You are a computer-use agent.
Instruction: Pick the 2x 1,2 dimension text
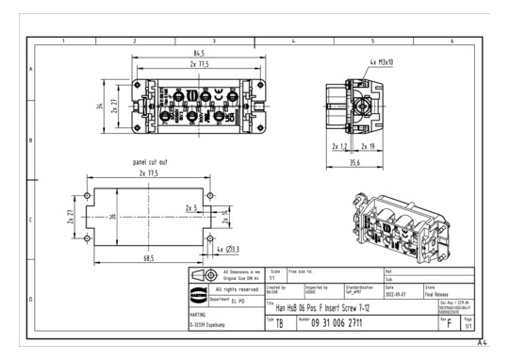pyautogui.click(x=340, y=146)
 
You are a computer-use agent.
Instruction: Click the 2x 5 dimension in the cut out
pyautogui.click(x=191, y=207)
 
